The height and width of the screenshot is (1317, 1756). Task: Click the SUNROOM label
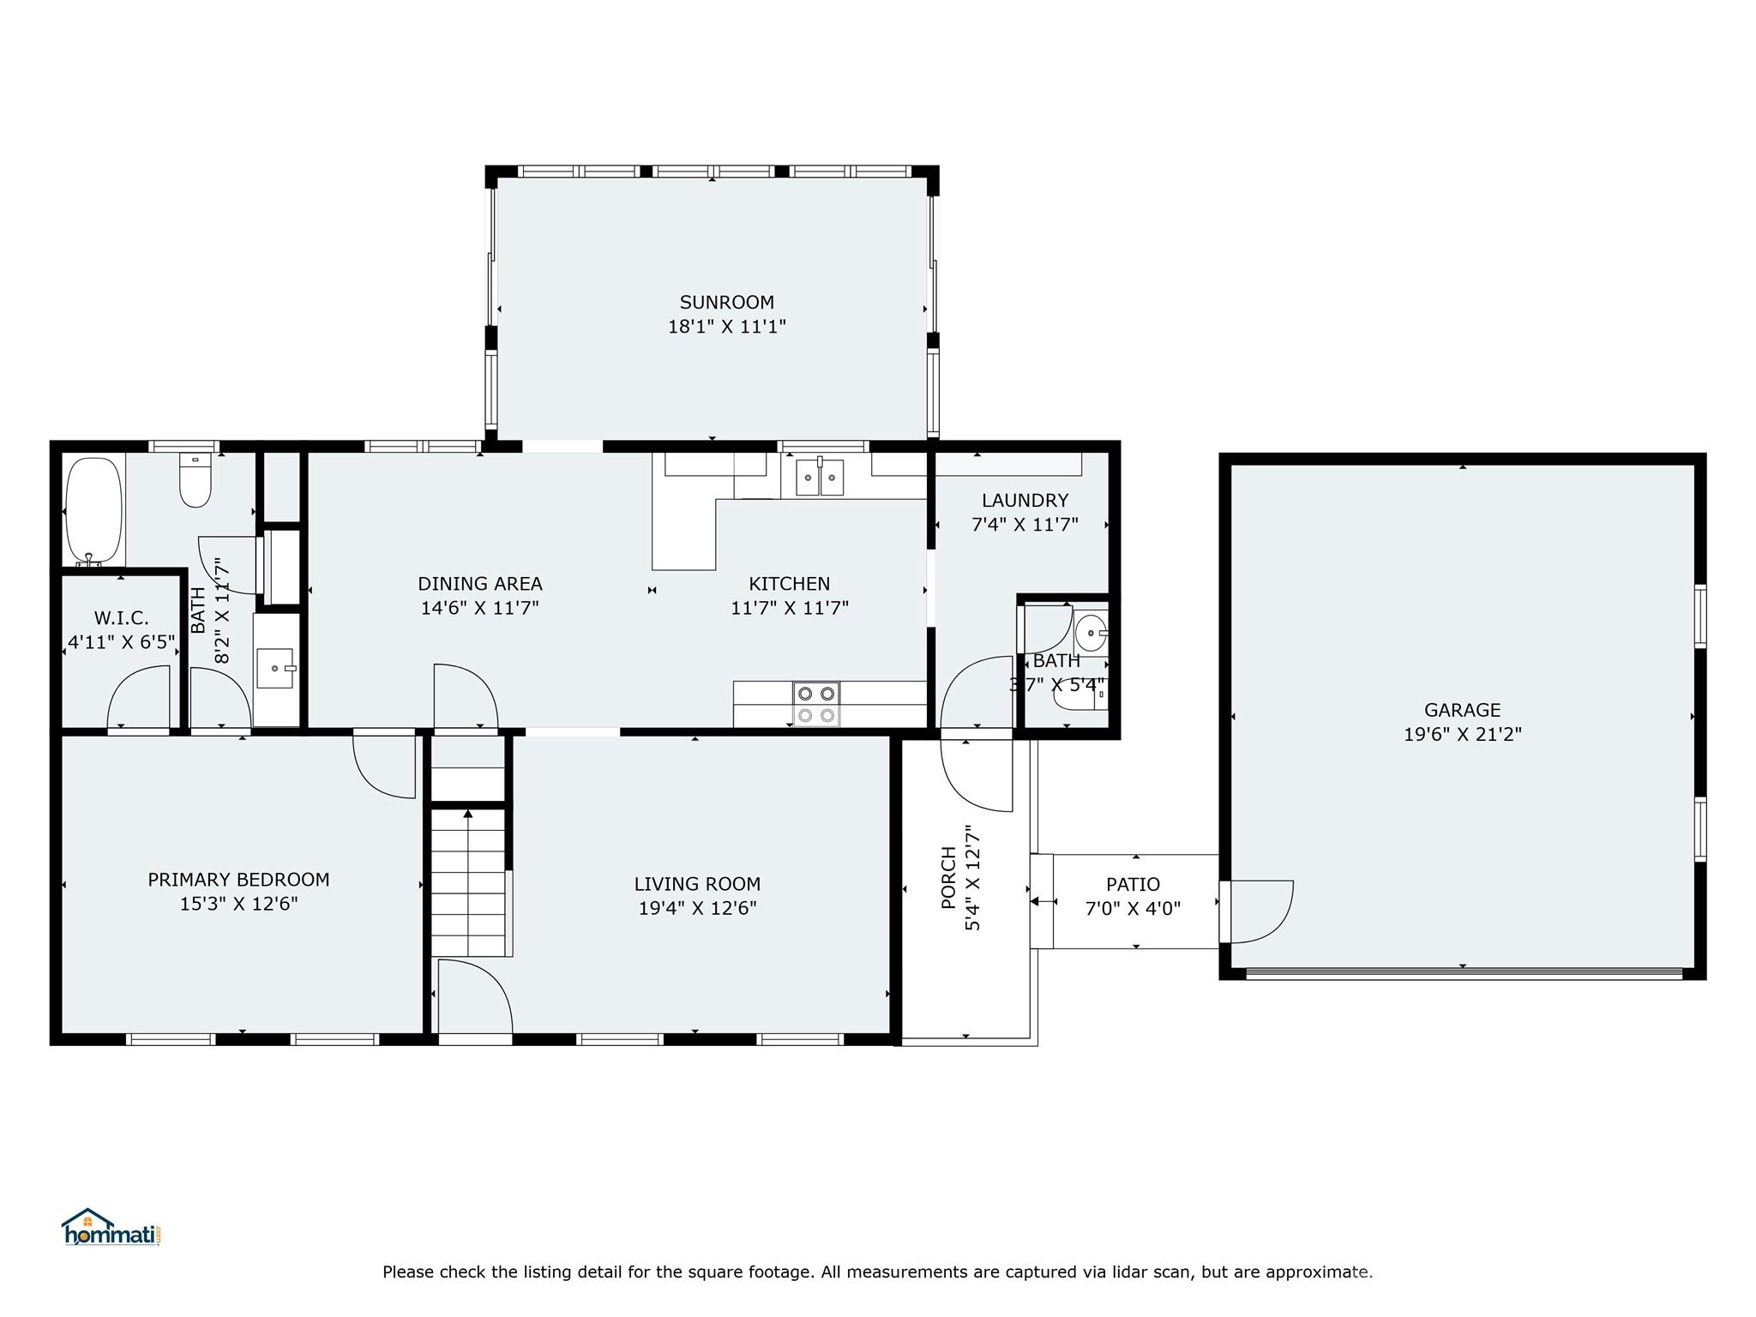726,302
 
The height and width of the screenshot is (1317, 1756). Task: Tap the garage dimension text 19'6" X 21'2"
1462,734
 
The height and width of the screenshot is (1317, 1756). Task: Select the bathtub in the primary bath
93,511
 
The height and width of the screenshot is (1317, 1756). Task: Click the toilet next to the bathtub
195,482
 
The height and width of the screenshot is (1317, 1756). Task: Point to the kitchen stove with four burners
815,704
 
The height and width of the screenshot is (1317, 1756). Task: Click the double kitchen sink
820,478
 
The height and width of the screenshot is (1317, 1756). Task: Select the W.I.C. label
121,618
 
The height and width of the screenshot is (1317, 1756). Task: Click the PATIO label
1133,884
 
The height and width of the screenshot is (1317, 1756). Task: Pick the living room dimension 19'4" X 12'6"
697,908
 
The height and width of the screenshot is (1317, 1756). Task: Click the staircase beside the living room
468,883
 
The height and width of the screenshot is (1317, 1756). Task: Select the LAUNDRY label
1025,500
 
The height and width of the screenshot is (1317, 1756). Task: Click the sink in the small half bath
1091,634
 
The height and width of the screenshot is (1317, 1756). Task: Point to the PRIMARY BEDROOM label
238,879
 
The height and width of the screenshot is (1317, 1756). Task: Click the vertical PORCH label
948,877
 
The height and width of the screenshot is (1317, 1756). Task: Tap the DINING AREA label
479,584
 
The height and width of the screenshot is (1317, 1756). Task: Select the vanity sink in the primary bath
275,669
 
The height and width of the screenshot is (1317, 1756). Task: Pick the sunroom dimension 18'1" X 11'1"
726,327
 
